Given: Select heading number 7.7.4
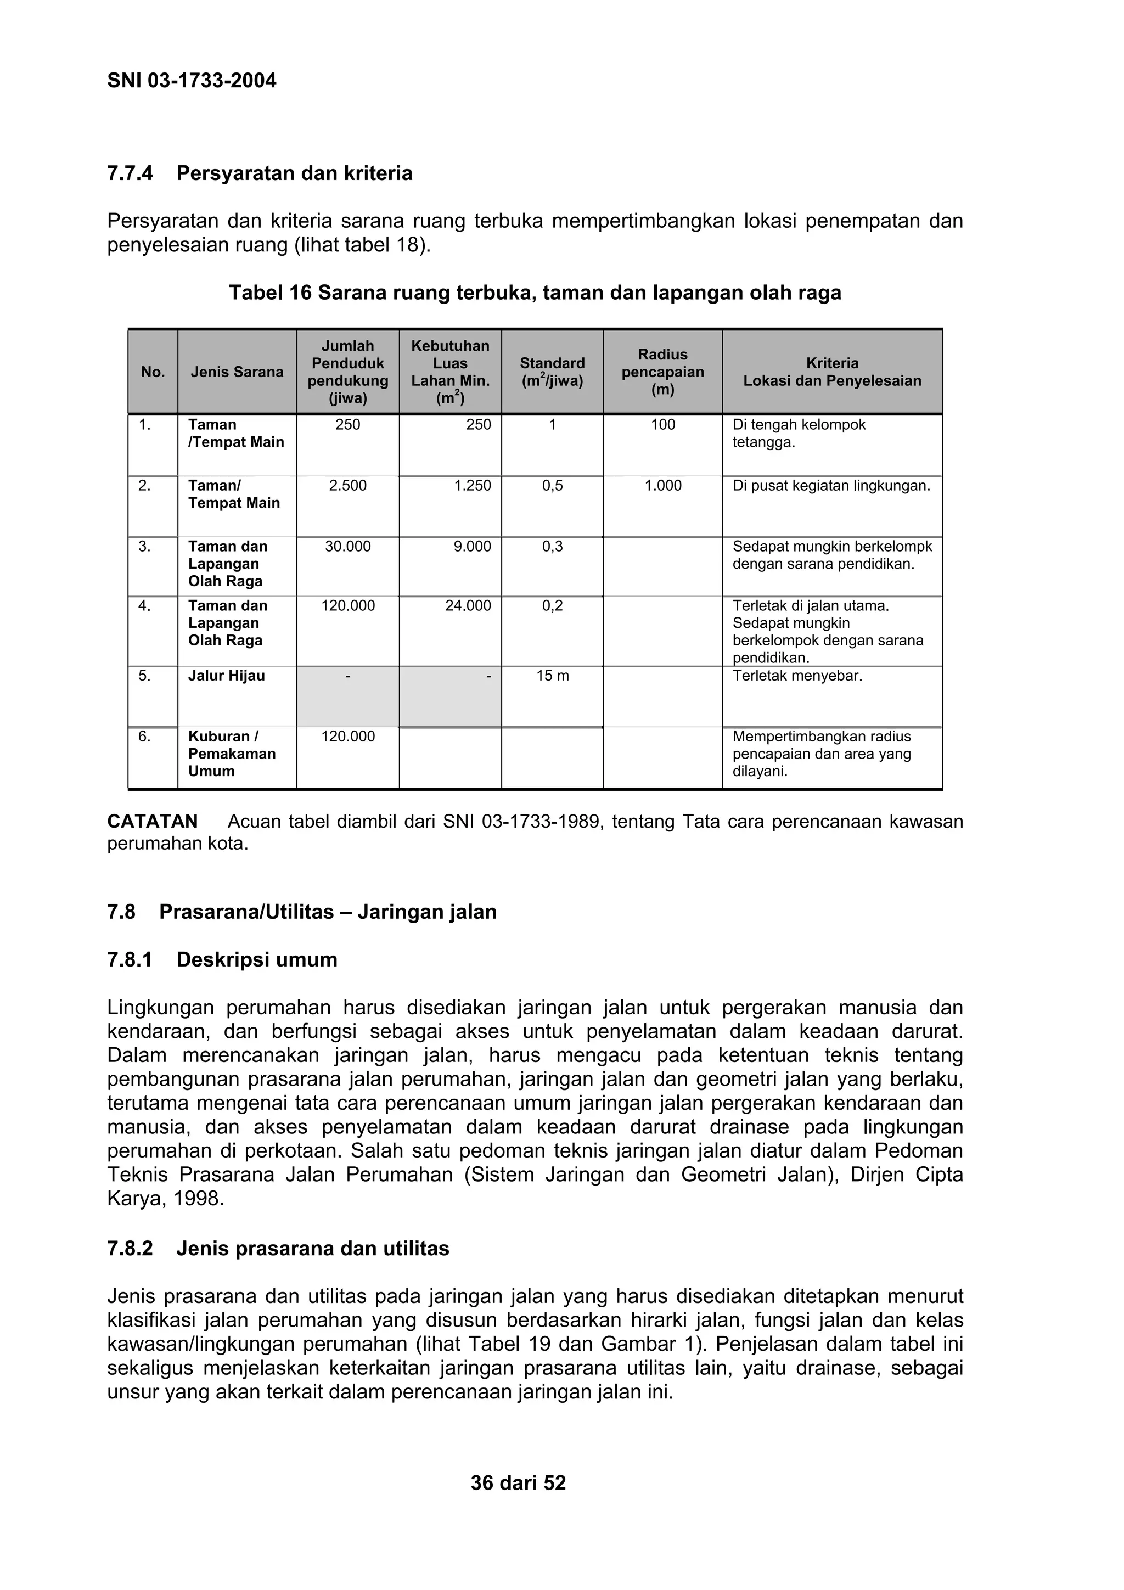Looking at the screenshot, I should tap(130, 173).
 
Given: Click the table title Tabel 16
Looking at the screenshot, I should tap(535, 293).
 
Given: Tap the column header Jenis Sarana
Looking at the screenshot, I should tap(237, 372).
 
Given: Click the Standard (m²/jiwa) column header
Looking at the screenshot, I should tap(552, 372).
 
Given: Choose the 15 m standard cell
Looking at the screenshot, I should tap(552, 676).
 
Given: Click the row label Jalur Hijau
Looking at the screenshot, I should tap(227, 676).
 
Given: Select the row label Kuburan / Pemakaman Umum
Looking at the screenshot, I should tap(231, 754).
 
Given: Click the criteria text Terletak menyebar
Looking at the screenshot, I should tap(797, 676).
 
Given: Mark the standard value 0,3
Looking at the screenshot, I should tap(552, 547).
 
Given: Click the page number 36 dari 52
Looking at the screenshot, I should tap(518, 1482).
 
